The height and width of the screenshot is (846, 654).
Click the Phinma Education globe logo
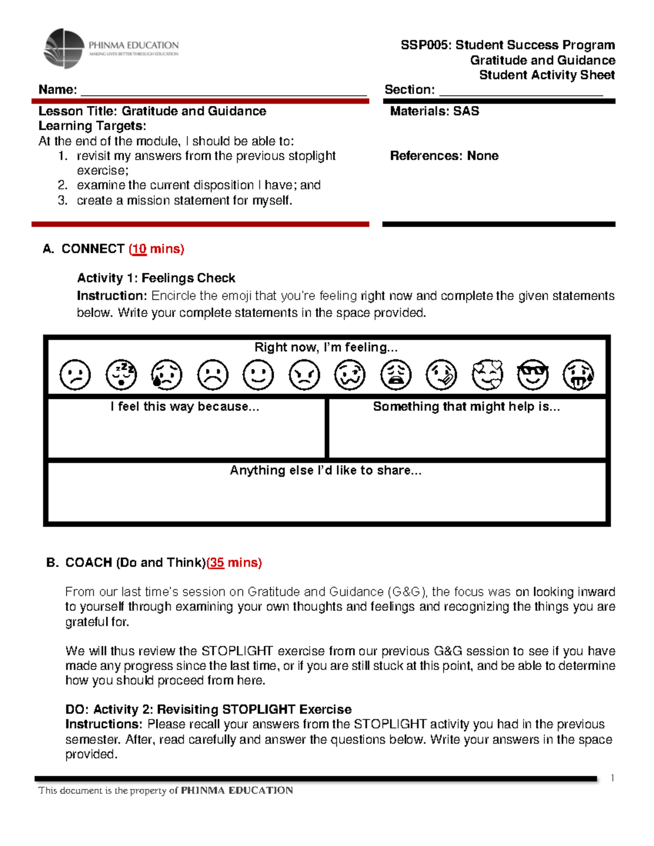tap(64, 49)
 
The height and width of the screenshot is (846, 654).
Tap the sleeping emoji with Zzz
tap(121, 375)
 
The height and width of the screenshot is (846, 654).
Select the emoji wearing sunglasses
tap(532, 375)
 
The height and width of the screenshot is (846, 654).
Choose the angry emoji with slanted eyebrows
tap(304, 375)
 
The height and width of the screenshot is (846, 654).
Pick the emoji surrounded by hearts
tap(487, 375)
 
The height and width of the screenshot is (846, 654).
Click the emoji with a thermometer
tap(441, 375)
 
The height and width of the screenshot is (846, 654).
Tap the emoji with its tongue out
tap(578, 375)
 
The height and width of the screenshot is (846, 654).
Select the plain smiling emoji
tap(258, 375)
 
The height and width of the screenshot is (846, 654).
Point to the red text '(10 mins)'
tap(156, 249)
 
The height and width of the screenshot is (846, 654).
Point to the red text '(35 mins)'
tap(234, 563)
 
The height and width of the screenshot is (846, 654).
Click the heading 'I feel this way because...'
tap(185, 407)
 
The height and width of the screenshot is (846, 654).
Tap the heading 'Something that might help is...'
tap(467, 407)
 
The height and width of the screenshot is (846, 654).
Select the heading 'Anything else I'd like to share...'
tap(325, 471)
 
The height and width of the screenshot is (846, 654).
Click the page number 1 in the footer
tap(613, 778)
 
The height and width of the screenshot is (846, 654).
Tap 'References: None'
tap(444, 156)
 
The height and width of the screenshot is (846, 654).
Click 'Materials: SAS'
tap(434, 111)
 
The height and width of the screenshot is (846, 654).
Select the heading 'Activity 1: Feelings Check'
tap(156, 278)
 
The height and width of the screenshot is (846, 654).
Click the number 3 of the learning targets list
tap(63, 200)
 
